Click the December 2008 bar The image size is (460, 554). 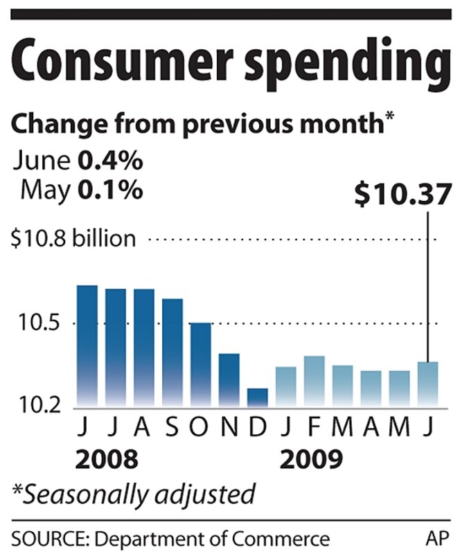257,397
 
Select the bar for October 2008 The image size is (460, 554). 200,364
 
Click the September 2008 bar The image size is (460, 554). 172,352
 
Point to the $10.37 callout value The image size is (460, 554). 398,195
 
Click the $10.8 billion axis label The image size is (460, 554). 73,240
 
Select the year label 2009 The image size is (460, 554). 310,458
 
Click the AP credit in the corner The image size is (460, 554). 434,538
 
